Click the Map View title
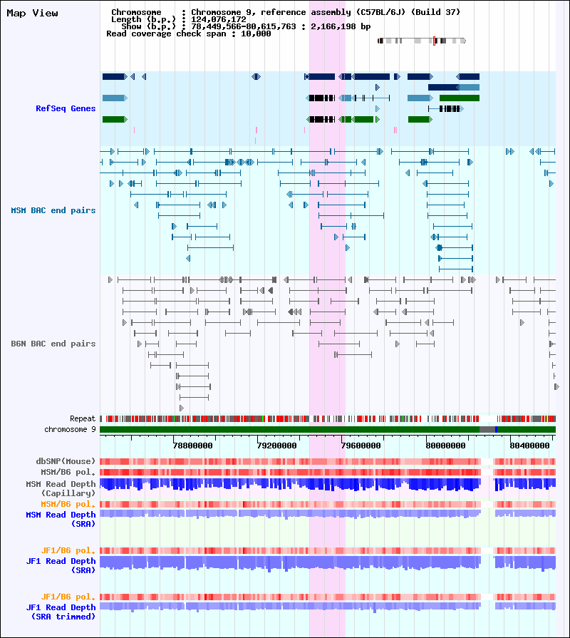pos(33,13)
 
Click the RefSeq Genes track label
pos(66,108)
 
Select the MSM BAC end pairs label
pos(53,210)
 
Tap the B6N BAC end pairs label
pos(53,344)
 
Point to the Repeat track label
pos(83,418)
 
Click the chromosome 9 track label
pos(70,429)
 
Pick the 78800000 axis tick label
pos(192,446)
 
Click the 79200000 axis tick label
pos(277,446)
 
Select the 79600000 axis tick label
pos(361,446)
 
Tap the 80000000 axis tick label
pos(445,446)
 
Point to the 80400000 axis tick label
pos(530,446)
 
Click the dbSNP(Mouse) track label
pos(66,461)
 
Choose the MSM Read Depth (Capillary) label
pos(61,488)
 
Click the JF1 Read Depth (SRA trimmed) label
pos(61,612)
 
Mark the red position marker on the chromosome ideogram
pos(434,41)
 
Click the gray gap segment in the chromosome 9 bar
pos(487,429)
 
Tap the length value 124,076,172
pos(219,19)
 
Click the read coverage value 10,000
pos(256,34)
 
